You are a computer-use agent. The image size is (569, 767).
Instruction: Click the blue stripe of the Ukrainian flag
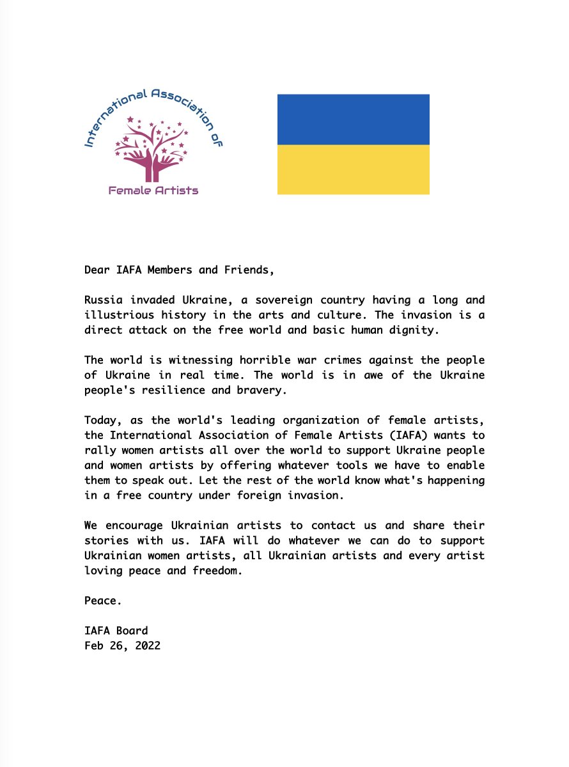pos(353,120)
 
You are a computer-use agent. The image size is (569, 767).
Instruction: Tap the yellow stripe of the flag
pos(353,169)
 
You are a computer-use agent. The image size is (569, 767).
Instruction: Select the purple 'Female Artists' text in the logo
pos(153,190)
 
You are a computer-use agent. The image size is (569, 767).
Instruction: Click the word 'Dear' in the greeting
pos(97,270)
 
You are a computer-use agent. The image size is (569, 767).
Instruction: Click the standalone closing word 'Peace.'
pos(103,601)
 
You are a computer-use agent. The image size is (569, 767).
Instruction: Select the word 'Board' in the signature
pos(132,631)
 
